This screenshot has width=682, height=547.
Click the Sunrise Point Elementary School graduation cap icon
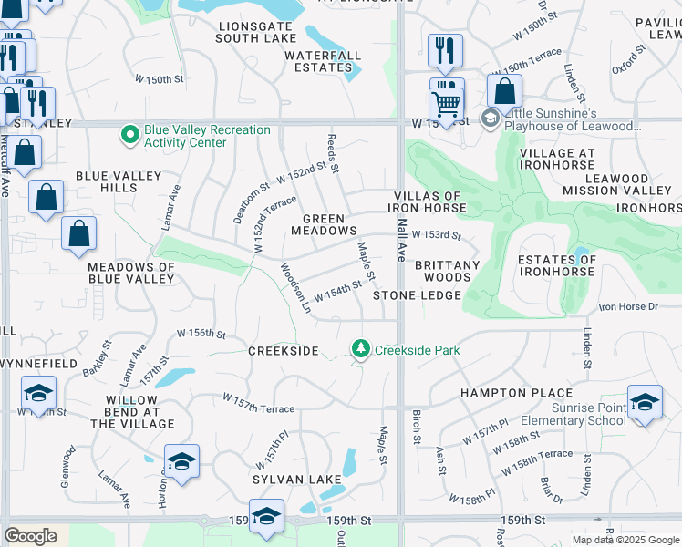click(x=645, y=403)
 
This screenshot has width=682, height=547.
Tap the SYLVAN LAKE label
click(x=297, y=479)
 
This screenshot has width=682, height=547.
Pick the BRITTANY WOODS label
click(x=447, y=271)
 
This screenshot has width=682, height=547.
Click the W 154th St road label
click(x=337, y=293)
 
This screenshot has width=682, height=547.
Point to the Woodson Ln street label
click(x=294, y=289)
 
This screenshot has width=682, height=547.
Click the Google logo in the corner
click(x=30, y=535)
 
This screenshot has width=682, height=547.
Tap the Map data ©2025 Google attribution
click(x=625, y=540)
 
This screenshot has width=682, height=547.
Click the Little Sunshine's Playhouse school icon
click(x=490, y=119)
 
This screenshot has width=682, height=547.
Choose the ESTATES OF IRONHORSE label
click(x=556, y=265)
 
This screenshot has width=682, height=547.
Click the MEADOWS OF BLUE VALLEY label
click(x=130, y=273)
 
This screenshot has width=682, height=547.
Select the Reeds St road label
click(x=333, y=153)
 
